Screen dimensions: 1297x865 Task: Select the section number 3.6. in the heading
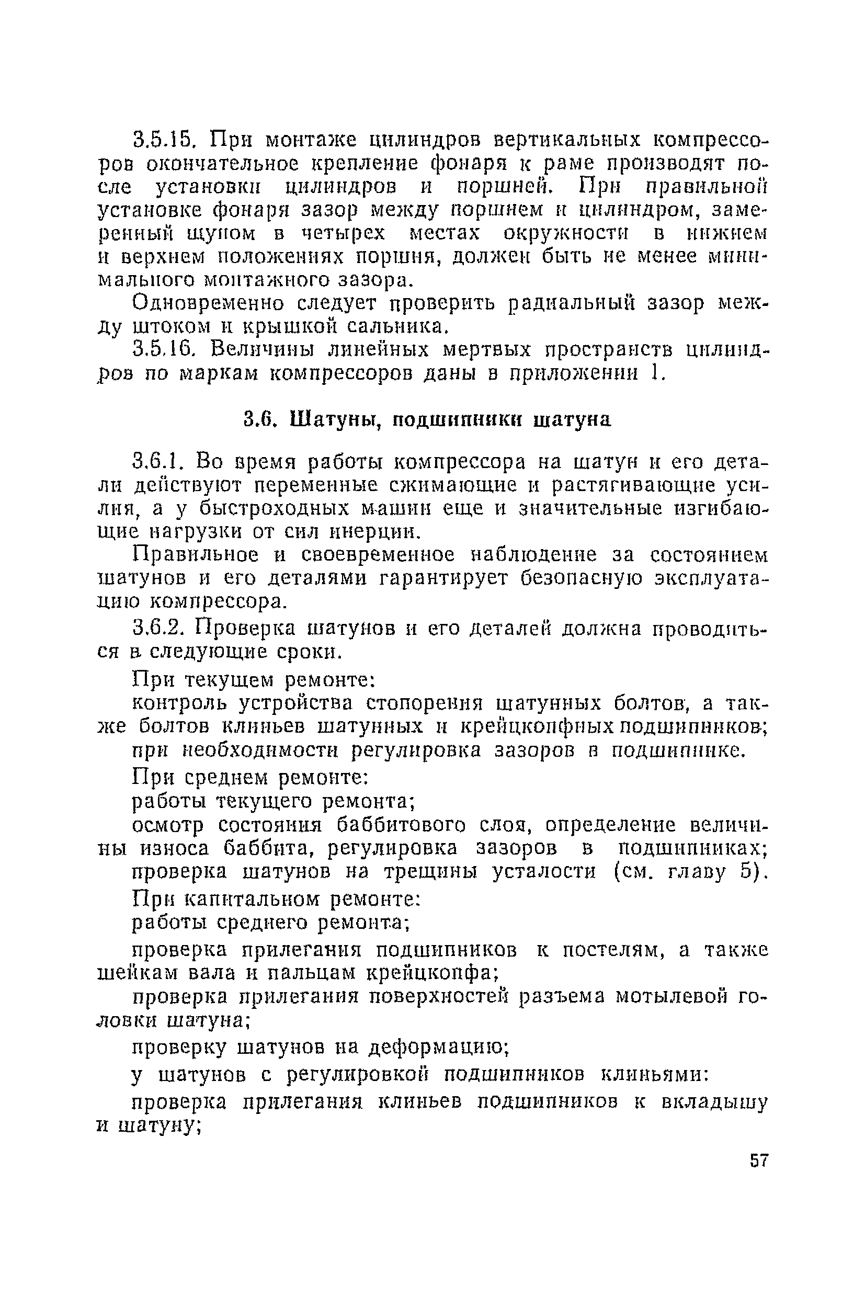click(259, 420)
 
